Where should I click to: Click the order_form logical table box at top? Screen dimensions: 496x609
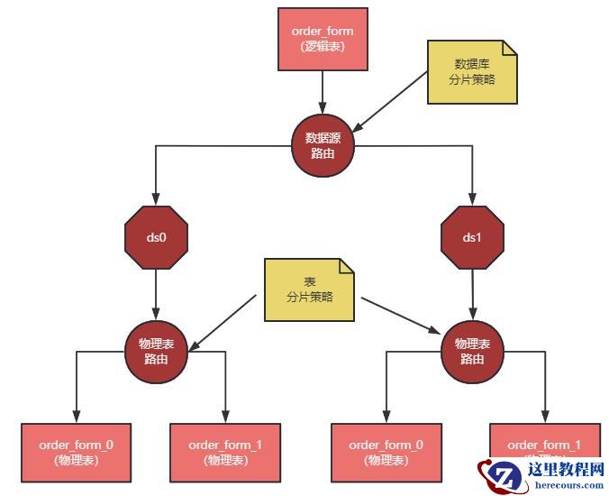pos(323,38)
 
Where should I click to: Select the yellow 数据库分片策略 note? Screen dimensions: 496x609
pos(471,73)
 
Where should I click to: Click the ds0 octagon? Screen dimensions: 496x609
pos(157,238)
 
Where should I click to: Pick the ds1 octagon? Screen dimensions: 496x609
pos(473,238)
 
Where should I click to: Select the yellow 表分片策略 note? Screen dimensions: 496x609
pos(309,289)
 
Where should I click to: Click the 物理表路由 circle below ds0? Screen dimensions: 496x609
pos(157,350)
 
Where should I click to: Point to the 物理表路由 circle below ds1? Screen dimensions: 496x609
pos(472,350)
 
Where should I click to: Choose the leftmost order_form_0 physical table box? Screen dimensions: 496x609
pos(77,452)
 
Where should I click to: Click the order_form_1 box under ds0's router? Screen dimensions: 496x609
pos(225,452)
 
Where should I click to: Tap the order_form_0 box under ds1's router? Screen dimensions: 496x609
pos(386,452)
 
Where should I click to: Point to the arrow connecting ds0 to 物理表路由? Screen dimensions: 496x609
pos(157,294)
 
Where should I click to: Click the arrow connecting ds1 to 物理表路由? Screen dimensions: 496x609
pos(473,294)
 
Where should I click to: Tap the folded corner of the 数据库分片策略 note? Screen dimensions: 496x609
pos(509,50)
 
